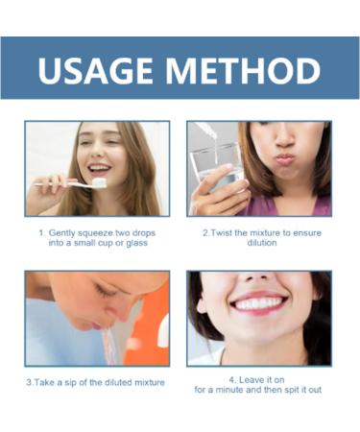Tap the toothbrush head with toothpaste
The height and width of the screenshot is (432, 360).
(99, 180)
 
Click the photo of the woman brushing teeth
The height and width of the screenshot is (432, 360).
(97, 168)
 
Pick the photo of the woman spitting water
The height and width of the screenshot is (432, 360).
(97, 318)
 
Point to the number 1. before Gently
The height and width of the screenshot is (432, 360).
(42, 232)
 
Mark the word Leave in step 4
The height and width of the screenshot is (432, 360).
(254, 378)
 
